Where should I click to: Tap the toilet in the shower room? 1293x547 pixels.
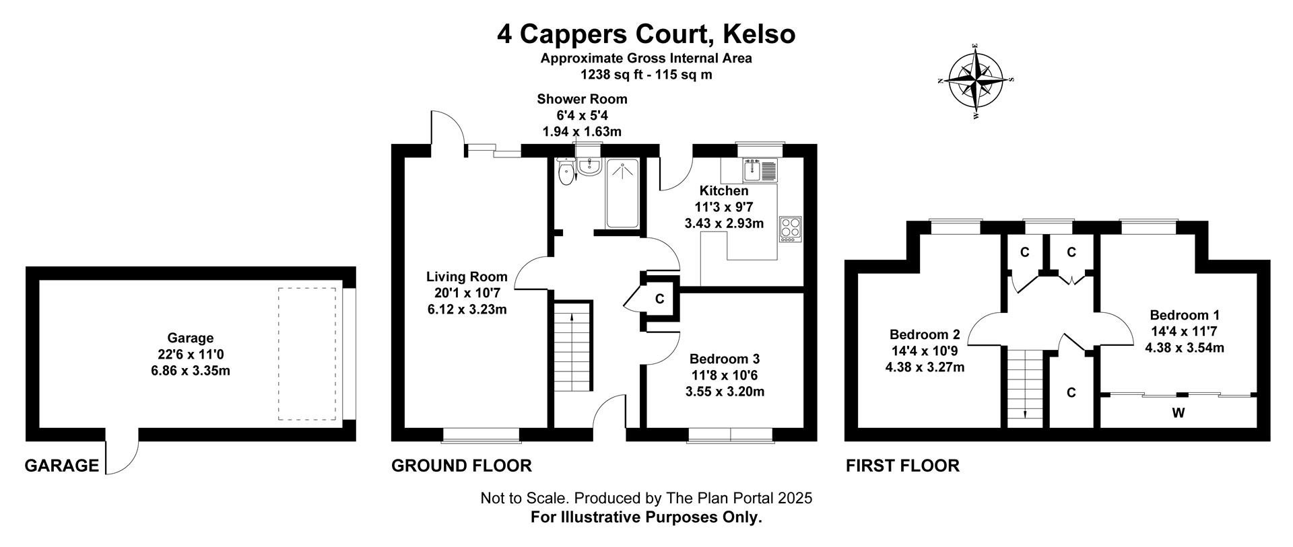(567, 172)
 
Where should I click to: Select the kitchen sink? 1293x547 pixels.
(760, 170)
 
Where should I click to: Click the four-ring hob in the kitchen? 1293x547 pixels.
(790, 229)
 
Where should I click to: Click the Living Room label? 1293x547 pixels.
(467, 293)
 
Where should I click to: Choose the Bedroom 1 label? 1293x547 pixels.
(1185, 331)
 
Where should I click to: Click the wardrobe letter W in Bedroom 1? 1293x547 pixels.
(1178, 413)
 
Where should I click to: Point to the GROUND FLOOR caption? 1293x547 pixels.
(461, 465)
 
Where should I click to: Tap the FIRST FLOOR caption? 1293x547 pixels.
(902, 465)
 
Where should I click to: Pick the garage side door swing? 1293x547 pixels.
(122, 450)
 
